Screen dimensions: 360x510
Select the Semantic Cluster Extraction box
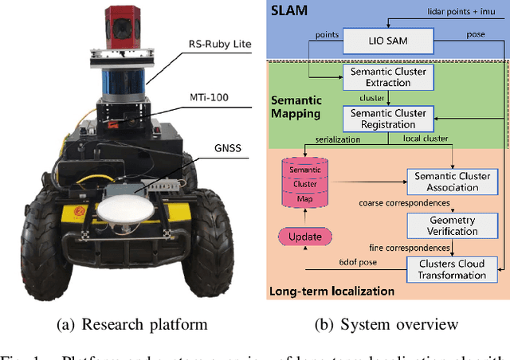point(388,77)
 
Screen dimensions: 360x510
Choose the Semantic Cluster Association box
point(452,182)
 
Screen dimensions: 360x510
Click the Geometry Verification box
point(452,225)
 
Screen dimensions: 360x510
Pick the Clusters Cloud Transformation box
point(452,269)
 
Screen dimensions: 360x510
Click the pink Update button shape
point(304,237)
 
